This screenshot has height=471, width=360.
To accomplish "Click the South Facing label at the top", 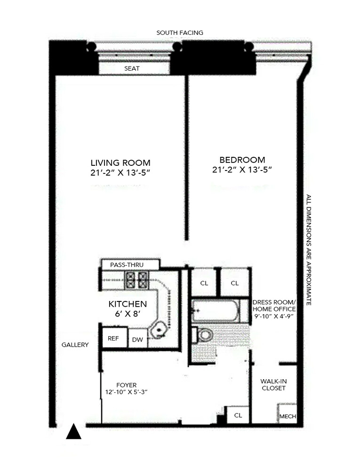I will click(x=180, y=33).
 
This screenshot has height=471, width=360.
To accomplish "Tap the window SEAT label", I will click(x=132, y=68).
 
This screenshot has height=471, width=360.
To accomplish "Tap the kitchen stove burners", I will click(x=137, y=280).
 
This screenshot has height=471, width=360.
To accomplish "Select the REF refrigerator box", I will click(x=113, y=338).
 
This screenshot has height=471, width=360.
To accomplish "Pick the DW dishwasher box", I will click(x=137, y=339).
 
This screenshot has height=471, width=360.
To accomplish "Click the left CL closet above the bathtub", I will click(x=204, y=283).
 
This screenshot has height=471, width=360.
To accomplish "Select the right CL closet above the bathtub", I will click(x=234, y=283).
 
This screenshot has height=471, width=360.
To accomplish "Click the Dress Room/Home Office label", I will click(x=273, y=309).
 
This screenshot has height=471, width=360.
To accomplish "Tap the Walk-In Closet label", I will click(x=273, y=384).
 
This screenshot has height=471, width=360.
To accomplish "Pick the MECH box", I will click(x=287, y=416).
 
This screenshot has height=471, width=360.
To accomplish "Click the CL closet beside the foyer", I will click(x=238, y=415).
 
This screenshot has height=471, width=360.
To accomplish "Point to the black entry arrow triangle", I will click(x=73, y=432).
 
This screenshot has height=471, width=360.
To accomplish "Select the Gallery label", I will click(x=75, y=345).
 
